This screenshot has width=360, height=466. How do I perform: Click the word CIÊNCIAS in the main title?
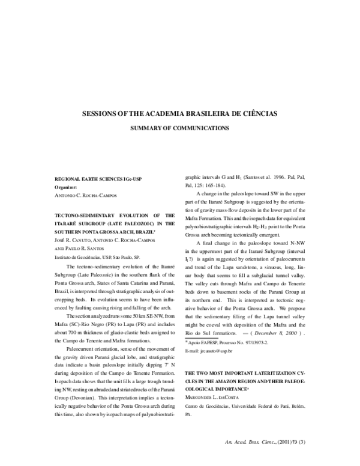coord(254,113)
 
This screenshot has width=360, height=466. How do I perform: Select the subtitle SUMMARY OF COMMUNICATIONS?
coord(180,128)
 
